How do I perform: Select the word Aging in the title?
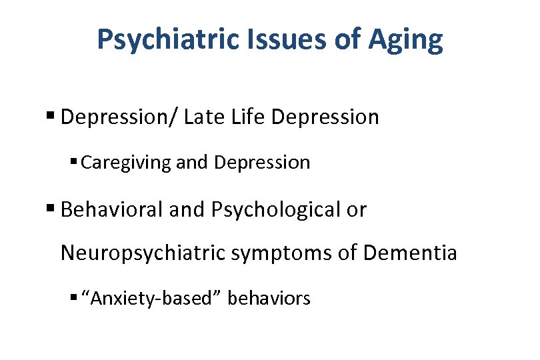(x=404, y=40)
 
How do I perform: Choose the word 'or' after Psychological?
(x=357, y=209)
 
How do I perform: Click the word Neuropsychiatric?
(x=143, y=253)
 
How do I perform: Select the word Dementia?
(x=411, y=253)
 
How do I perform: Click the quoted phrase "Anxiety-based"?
(x=151, y=298)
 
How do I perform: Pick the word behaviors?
(x=269, y=298)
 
